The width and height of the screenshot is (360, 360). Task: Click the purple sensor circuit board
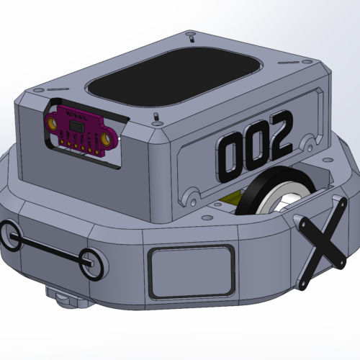coord(80,130)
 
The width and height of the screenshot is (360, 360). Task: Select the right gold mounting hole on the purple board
coord(107,138)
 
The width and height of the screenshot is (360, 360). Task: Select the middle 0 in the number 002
coord(254,146)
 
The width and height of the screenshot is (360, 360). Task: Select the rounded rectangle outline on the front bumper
coord(192,271)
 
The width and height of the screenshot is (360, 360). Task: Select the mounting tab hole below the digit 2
coord(310,138)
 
